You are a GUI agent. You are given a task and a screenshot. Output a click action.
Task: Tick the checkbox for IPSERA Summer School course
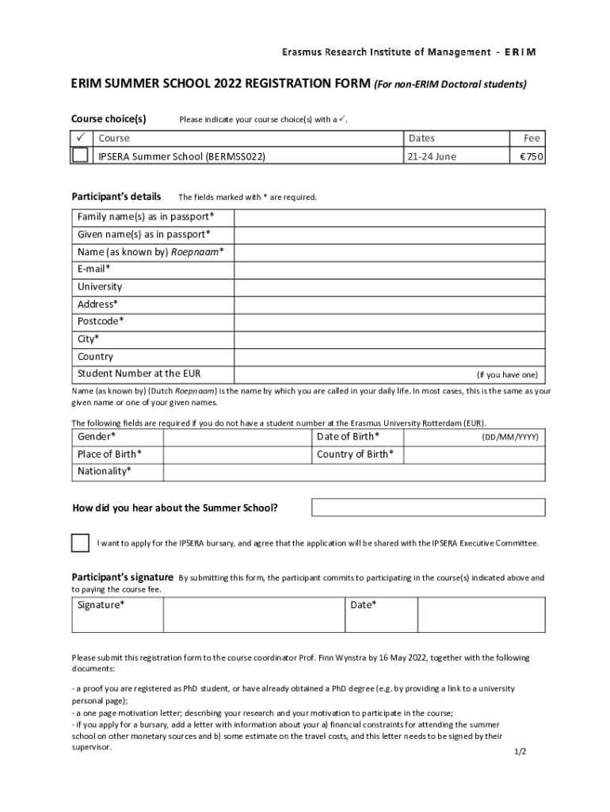pos(80,155)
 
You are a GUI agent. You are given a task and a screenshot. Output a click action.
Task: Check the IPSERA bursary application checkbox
pos(80,543)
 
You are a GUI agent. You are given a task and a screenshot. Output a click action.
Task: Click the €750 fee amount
pos(530,156)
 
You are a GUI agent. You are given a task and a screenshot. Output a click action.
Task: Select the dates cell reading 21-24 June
pos(432,156)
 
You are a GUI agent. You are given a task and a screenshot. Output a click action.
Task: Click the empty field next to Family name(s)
pos(389,217)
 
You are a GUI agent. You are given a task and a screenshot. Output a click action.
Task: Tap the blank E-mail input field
pos(389,270)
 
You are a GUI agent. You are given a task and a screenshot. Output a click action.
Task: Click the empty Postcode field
pos(389,322)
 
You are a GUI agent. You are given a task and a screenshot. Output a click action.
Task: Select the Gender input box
pos(236,437)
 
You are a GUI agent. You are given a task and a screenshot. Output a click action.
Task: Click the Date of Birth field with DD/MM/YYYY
pos(474,437)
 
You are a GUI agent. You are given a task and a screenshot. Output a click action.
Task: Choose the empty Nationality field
pos(353,472)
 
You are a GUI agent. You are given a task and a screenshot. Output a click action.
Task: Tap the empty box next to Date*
pos(481,615)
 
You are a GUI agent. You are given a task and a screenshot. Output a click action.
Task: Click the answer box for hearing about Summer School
pos(428,507)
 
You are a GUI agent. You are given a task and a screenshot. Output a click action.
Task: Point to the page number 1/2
pos(520,751)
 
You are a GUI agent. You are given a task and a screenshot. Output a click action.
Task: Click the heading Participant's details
pos(116,196)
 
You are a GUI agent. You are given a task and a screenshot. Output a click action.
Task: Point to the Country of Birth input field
pos(474,454)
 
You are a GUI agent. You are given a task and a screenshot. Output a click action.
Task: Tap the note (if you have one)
pos(506,374)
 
